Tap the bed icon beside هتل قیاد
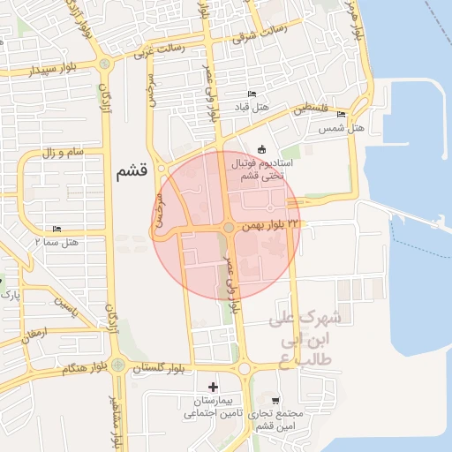(252, 94)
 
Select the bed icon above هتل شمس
(341, 115)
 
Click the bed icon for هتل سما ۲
(57, 229)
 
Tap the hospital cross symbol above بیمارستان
(212, 386)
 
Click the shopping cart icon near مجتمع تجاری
(276, 400)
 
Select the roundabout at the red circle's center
(229, 228)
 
